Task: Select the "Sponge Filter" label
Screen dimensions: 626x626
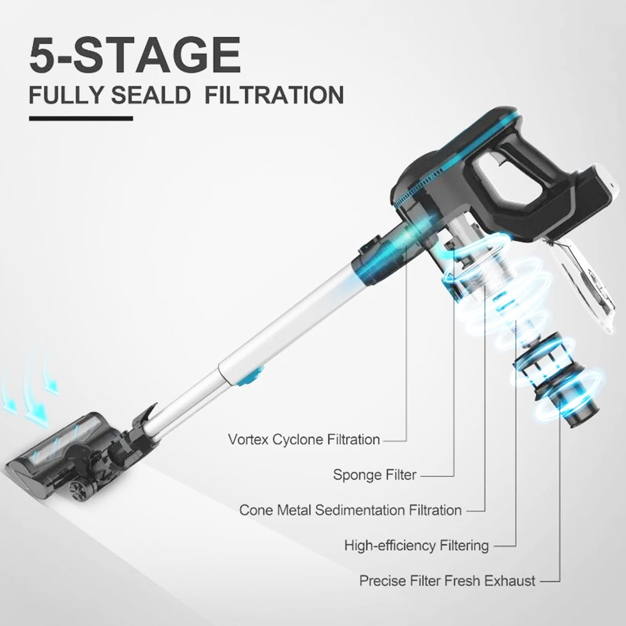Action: click(374, 475)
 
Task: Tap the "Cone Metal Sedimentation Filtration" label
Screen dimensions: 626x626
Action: click(351, 510)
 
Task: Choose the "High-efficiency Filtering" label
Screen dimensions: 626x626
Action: click(416, 545)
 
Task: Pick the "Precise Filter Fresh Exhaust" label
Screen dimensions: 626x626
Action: click(447, 581)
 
